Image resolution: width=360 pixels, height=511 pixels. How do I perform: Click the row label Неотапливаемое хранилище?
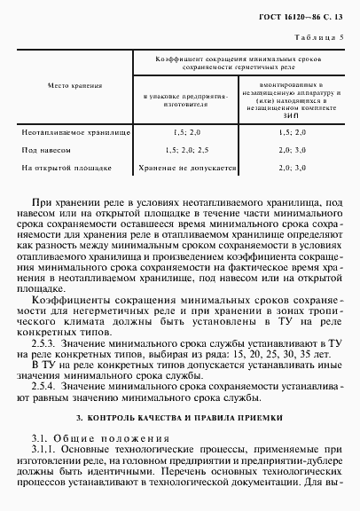pyautogui.click(x=75, y=131)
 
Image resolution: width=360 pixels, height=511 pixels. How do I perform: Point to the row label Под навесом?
pyautogui.click(x=46, y=150)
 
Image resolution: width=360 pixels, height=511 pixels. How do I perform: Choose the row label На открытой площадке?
pyautogui.click(x=67, y=167)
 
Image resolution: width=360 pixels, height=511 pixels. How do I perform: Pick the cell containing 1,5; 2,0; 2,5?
pyautogui.click(x=186, y=150)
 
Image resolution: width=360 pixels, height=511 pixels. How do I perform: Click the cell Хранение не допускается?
pyautogui.click(x=186, y=167)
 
